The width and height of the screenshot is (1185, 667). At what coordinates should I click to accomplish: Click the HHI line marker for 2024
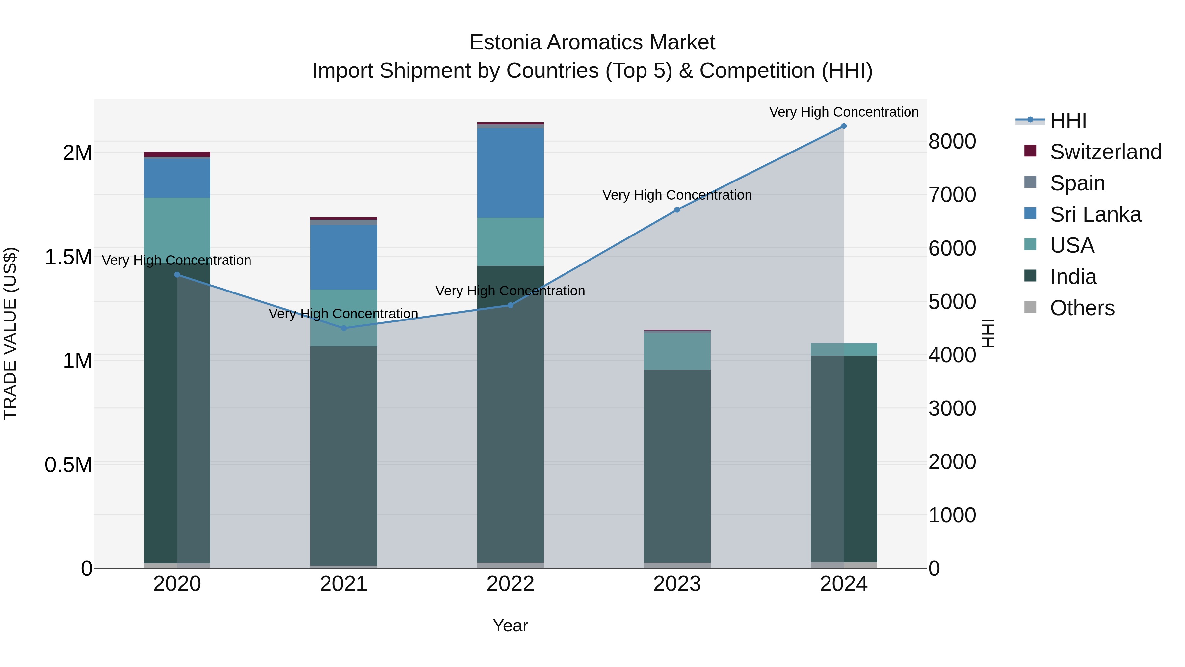[x=844, y=126]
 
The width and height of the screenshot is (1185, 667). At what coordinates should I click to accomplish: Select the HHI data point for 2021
[x=344, y=328]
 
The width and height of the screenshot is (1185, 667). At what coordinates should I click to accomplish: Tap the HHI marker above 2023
[x=677, y=210]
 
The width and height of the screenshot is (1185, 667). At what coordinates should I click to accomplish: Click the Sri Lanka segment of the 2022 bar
[x=510, y=173]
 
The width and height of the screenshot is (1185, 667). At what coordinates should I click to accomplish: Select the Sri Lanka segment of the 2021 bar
[x=344, y=257]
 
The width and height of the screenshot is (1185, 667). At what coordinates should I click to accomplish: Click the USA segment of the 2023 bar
[x=677, y=351]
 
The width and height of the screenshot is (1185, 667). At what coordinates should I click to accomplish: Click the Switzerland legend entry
[x=1105, y=152]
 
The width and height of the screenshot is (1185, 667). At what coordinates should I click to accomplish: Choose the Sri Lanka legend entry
[x=1095, y=214]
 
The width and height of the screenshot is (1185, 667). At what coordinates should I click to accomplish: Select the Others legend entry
[x=1082, y=308]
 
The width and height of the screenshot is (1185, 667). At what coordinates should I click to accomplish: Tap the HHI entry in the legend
[x=1068, y=121]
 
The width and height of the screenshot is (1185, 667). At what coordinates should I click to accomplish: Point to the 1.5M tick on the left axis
[x=68, y=257]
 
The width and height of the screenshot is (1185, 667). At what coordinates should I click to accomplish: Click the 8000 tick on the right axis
[x=952, y=141]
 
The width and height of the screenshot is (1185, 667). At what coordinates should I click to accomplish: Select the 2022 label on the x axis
[x=510, y=584]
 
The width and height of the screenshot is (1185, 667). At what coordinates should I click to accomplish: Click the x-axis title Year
[x=510, y=625]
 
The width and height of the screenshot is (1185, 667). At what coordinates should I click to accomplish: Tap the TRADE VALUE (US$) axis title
[x=10, y=333]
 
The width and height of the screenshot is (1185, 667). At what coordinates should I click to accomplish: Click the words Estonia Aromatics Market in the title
[x=592, y=42]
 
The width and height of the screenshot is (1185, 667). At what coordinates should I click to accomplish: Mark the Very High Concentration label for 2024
[x=844, y=112]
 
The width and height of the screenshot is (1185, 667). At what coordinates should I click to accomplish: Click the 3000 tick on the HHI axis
[x=952, y=408]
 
